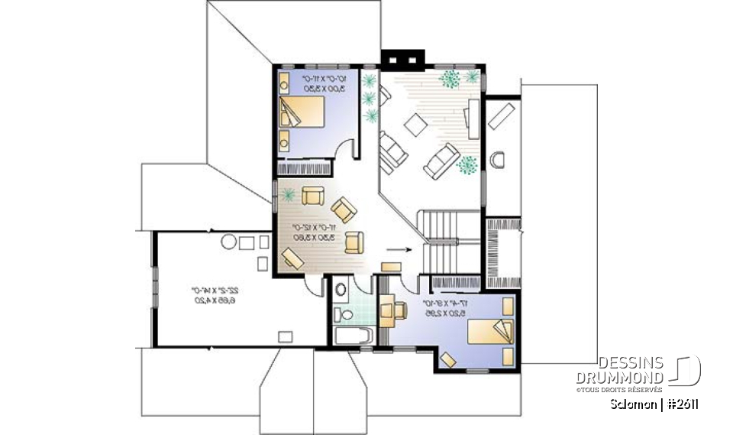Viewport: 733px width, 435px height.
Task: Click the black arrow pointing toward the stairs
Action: click(399, 249)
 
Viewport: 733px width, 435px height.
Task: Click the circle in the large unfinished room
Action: click(228, 244)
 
